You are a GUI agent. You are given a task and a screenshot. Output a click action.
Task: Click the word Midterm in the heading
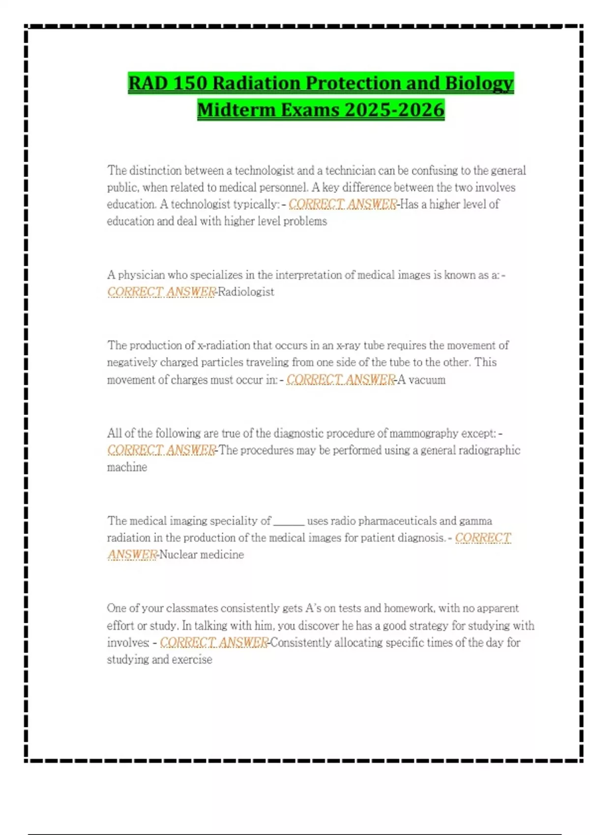point(237,110)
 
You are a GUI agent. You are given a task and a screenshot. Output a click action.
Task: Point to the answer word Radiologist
point(246,292)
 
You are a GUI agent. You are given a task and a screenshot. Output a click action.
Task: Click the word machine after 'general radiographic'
point(127,467)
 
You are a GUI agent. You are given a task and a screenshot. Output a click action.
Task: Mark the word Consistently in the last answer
point(301,642)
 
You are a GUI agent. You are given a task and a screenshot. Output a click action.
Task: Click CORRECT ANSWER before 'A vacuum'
point(341,380)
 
